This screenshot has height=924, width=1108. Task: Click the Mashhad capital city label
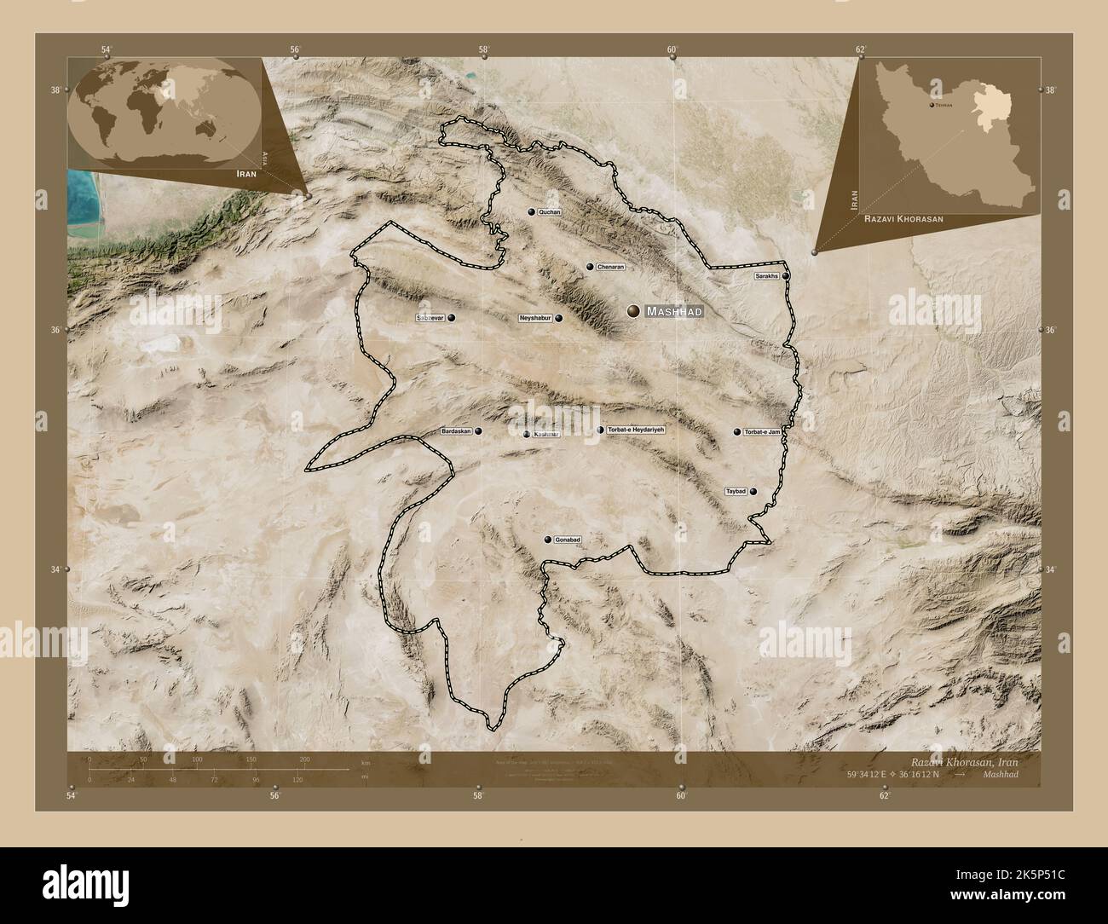(x=674, y=312)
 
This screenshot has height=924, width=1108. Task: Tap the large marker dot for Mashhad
(x=633, y=312)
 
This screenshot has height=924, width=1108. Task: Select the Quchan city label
(x=551, y=211)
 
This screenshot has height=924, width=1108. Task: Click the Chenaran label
(x=611, y=267)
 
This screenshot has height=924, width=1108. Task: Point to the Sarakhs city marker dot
(x=786, y=276)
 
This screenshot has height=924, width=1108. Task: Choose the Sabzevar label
(x=430, y=318)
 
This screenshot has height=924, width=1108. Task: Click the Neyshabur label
(x=536, y=318)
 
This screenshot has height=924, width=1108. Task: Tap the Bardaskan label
(x=455, y=432)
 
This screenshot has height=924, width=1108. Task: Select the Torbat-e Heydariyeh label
(x=635, y=430)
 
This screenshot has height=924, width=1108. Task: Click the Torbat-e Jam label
(x=762, y=432)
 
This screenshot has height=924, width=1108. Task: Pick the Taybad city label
(x=736, y=491)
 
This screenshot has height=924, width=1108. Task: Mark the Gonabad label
(x=568, y=540)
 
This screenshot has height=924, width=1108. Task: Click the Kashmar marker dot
(x=527, y=434)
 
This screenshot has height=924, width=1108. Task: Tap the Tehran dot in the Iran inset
(x=931, y=105)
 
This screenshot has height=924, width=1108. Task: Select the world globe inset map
(x=164, y=108)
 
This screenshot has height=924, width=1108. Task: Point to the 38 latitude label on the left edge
(x=55, y=90)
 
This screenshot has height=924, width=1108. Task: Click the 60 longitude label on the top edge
(x=672, y=50)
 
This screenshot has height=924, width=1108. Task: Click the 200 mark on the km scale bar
(x=304, y=759)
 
